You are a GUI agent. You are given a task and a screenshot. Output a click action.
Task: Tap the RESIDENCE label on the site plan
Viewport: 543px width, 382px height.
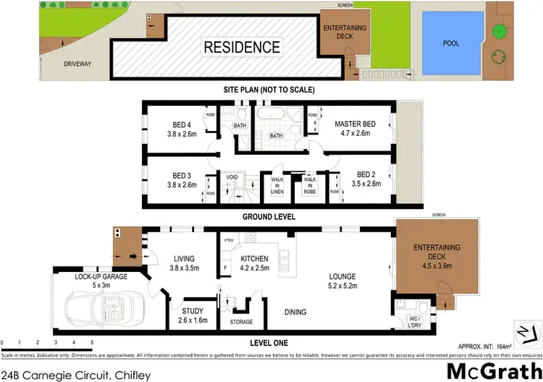point(242,48)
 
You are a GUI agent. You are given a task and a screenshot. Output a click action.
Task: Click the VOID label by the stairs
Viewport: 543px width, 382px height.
point(232,176)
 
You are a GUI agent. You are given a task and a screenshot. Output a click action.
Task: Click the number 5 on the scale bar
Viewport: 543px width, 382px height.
point(92,341)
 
